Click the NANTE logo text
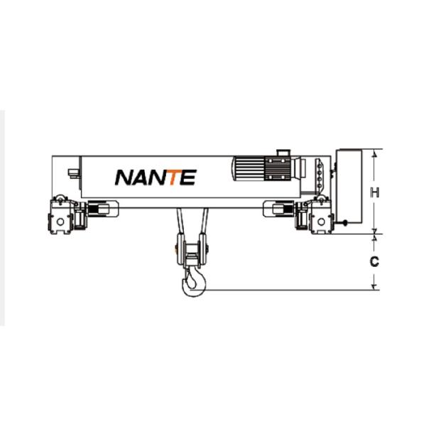coord(155,177)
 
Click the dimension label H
coord(375,192)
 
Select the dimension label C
coord(374,261)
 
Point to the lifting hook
coord(193,283)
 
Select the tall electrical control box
coord(349,186)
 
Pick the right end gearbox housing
coord(322,217)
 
